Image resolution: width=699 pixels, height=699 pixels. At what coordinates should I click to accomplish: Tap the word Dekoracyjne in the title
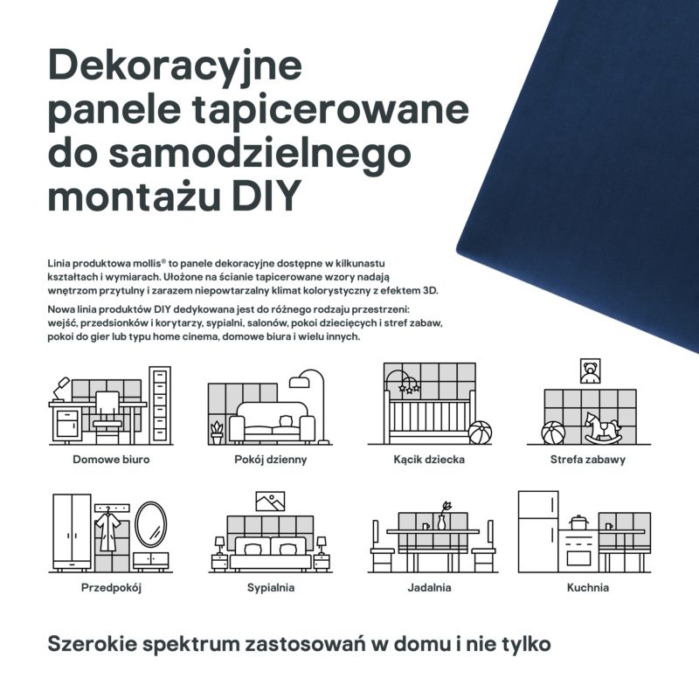click(x=175, y=66)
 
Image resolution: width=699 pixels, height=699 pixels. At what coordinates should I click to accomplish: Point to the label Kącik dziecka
click(x=428, y=459)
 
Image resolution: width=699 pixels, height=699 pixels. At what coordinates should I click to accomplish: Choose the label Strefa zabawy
click(x=587, y=459)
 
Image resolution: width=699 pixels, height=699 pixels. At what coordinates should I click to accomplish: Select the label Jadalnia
click(x=429, y=588)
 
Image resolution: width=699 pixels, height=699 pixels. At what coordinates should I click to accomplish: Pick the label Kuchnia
click(x=587, y=588)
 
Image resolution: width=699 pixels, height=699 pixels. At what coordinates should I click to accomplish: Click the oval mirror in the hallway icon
click(x=150, y=523)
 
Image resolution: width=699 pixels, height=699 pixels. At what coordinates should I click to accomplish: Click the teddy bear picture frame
click(x=591, y=372)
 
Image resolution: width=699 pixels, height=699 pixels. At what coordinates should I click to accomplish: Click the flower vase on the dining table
click(x=442, y=517)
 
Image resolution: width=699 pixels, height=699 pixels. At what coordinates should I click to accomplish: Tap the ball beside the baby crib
click(x=480, y=433)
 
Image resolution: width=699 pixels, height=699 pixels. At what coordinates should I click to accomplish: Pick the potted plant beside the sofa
click(x=217, y=432)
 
